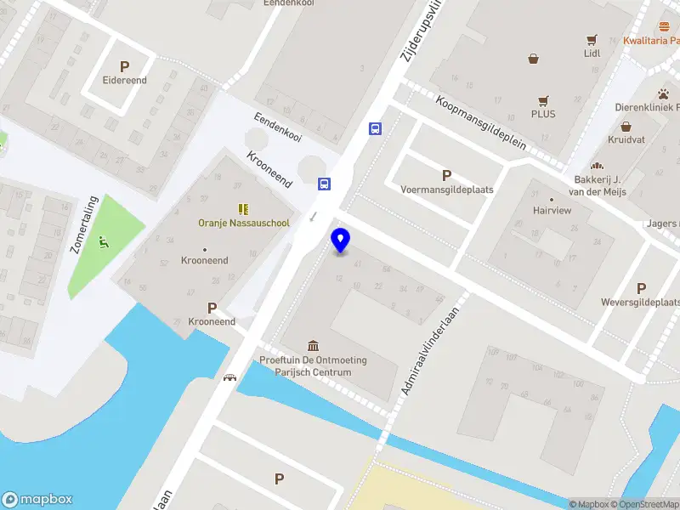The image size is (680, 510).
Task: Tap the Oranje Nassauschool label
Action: pyautogui.click(x=244, y=224)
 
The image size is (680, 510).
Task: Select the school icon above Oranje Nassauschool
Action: pyautogui.click(x=243, y=208)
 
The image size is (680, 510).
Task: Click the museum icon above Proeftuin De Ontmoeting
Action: pyautogui.click(x=314, y=345)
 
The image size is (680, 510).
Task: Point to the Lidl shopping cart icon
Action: pyautogui.click(x=592, y=39)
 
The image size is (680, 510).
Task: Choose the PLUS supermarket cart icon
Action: pyautogui.click(x=543, y=99)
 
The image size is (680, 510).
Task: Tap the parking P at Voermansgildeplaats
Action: pyautogui.click(x=446, y=175)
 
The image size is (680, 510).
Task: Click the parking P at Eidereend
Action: pyautogui.click(x=125, y=66)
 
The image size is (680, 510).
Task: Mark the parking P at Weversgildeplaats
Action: pyautogui.click(x=641, y=288)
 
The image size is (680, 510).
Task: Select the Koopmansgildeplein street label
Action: pyautogui.click(x=481, y=122)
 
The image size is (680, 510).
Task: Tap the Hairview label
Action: pyautogui.click(x=552, y=209)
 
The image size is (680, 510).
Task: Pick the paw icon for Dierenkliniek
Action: pyautogui.click(x=662, y=93)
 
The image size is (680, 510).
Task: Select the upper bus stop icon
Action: pyautogui.click(x=375, y=129)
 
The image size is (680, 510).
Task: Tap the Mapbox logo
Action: pyautogui.click(x=37, y=499)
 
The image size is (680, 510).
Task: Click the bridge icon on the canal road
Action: pyautogui.click(x=229, y=377)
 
